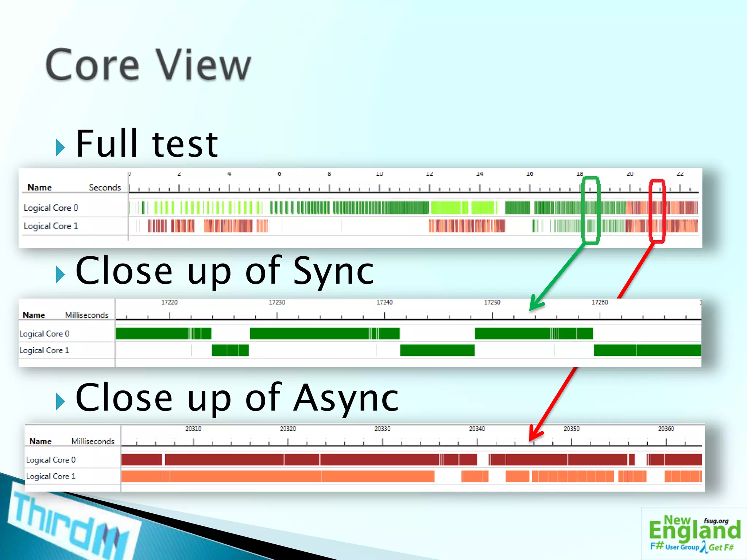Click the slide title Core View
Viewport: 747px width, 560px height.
pos(148,65)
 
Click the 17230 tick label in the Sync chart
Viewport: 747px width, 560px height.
pos(277,302)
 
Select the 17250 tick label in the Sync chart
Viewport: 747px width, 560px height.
pos(492,302)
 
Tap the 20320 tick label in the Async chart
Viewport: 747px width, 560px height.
pos(288,429)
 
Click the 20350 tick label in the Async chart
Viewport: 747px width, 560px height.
pos(571,429)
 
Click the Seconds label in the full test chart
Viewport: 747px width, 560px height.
pos(105,187)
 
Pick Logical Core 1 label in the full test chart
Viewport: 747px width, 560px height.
pos(51,226)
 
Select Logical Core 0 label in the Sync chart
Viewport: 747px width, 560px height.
pos(44,334)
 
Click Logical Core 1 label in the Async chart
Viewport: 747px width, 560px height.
pos(51,476)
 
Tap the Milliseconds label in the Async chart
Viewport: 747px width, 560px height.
pos(93,441)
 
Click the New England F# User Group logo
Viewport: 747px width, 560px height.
pos(694,533)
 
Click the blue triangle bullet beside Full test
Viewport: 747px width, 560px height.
pos(60,147)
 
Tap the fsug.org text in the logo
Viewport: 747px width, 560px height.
pos(716,521)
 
